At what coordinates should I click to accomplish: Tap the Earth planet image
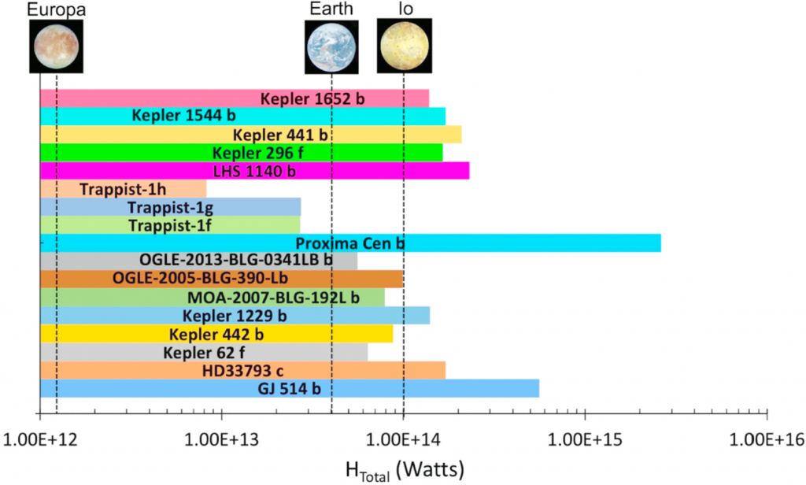[x=331, y=46]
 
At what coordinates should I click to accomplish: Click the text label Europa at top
[x=56, y=9]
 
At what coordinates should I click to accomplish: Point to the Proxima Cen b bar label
[x=349, y=243]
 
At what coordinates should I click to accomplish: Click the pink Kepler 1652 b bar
[x=234, y=98]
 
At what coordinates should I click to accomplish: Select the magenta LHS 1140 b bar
[x=253, y=171]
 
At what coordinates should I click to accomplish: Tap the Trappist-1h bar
[x=123, y=189]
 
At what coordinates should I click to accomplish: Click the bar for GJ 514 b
[x=289, y=388]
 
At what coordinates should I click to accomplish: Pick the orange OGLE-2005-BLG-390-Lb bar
[x=221, y=280]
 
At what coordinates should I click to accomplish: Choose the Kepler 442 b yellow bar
[x=216, y=334]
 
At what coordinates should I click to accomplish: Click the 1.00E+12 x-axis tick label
[x=39, y=436]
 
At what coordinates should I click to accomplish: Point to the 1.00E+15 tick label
[x=585, y=436]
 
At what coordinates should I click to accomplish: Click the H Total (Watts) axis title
[x=405, y=468]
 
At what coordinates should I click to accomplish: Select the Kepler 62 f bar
[x=203, y=352]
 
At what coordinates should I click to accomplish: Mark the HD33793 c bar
[x=242, y=370]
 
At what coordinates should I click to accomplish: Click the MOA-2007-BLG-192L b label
[x=274, y=298]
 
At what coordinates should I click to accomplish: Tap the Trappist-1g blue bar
[x=170, y=207]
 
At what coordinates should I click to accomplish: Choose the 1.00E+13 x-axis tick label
[x=222, y=436]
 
